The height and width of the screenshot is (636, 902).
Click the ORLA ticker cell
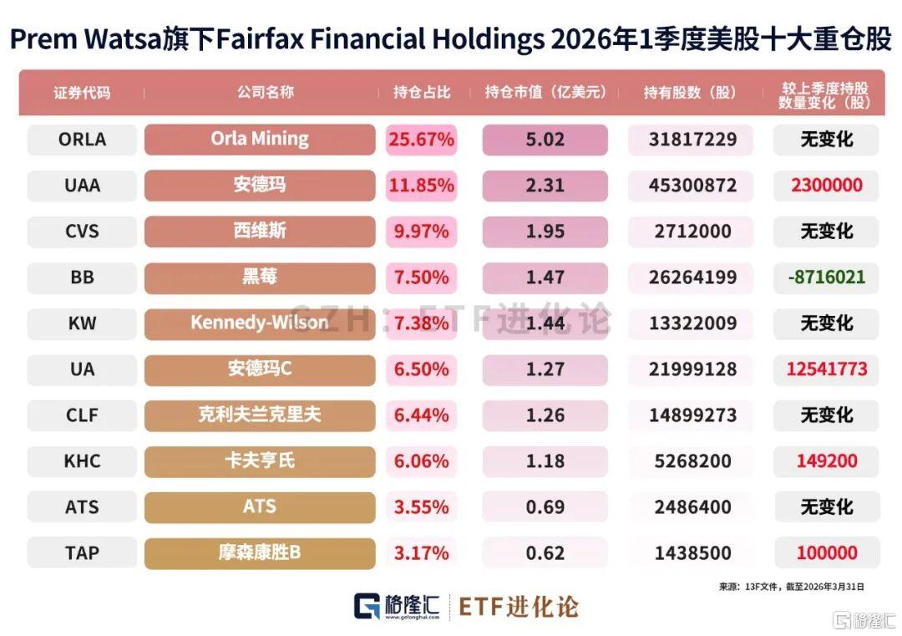point(82,140)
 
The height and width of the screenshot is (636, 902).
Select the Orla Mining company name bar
point(260,140)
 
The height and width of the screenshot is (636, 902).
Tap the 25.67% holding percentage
point(421,140)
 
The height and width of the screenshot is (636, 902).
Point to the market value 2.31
point(545,186)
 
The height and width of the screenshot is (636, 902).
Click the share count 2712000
point(692,232)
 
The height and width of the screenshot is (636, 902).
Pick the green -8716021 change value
point(827,277)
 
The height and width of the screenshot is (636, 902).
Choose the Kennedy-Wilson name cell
point(260,323)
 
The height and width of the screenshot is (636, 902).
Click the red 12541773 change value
point(827,369)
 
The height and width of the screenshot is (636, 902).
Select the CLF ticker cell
point(82,415)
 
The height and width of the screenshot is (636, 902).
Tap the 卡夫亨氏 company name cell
point(260,461)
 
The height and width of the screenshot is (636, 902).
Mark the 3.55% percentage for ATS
point(421,507)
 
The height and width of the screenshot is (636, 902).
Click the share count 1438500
point(692,553)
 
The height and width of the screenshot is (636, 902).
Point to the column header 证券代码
point(82,93)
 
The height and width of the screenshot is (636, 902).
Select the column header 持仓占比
point(422,92)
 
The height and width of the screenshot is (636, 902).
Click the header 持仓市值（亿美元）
point(545,92)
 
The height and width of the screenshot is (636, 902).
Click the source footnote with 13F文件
point(792,587)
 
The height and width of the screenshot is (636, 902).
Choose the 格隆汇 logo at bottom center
point(397,607)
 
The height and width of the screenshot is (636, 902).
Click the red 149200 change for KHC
point(827,461)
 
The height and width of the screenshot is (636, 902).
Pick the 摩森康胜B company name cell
point(260,553)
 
